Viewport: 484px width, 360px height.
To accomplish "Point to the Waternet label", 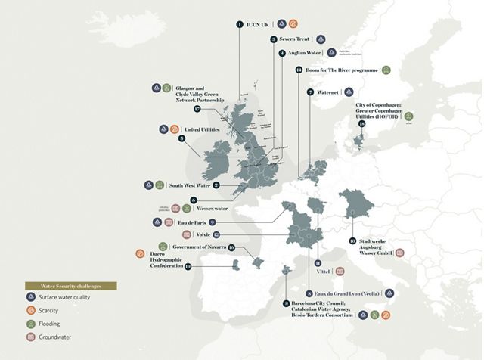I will click(330, 92).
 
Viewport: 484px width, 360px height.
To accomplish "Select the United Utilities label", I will click(203, 129).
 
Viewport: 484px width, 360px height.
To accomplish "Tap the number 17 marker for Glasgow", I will click(197, 109).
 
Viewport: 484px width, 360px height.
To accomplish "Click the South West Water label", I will click(189, 185).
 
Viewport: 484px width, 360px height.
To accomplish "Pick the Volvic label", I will click(203, 234).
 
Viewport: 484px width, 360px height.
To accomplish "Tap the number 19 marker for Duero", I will click(188, 266).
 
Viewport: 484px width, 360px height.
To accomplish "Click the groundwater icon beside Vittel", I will click(340, 271).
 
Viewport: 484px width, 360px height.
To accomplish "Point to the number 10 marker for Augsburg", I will click(352, 242).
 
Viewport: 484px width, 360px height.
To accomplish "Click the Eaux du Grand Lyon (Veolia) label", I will click(349, 293).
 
